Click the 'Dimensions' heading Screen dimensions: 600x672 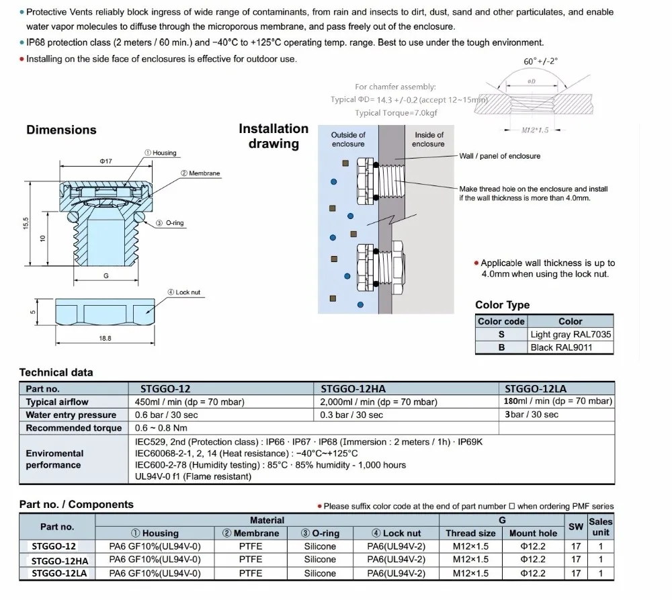61,130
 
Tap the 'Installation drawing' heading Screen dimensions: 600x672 274,136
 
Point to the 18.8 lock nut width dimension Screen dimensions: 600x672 105,339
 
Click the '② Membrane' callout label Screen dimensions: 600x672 200,173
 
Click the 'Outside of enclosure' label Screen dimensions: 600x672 348,140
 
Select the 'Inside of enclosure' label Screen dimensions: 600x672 429,140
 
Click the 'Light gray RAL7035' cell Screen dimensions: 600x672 571,335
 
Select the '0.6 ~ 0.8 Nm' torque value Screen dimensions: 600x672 162,428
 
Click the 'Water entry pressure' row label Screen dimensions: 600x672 71,415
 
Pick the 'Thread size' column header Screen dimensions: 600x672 470,533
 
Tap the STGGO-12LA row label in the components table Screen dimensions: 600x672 57,573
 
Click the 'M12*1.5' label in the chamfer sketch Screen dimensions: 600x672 535,130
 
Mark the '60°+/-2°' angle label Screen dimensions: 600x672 540,61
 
